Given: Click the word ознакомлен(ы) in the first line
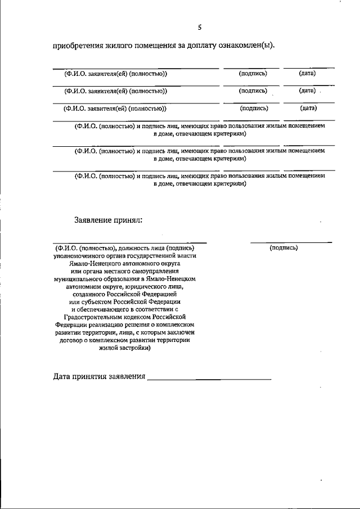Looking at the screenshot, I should [x=248, y=46].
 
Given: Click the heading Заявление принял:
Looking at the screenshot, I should [x=108, y=220].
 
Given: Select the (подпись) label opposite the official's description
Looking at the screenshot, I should [x=283, y=247].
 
